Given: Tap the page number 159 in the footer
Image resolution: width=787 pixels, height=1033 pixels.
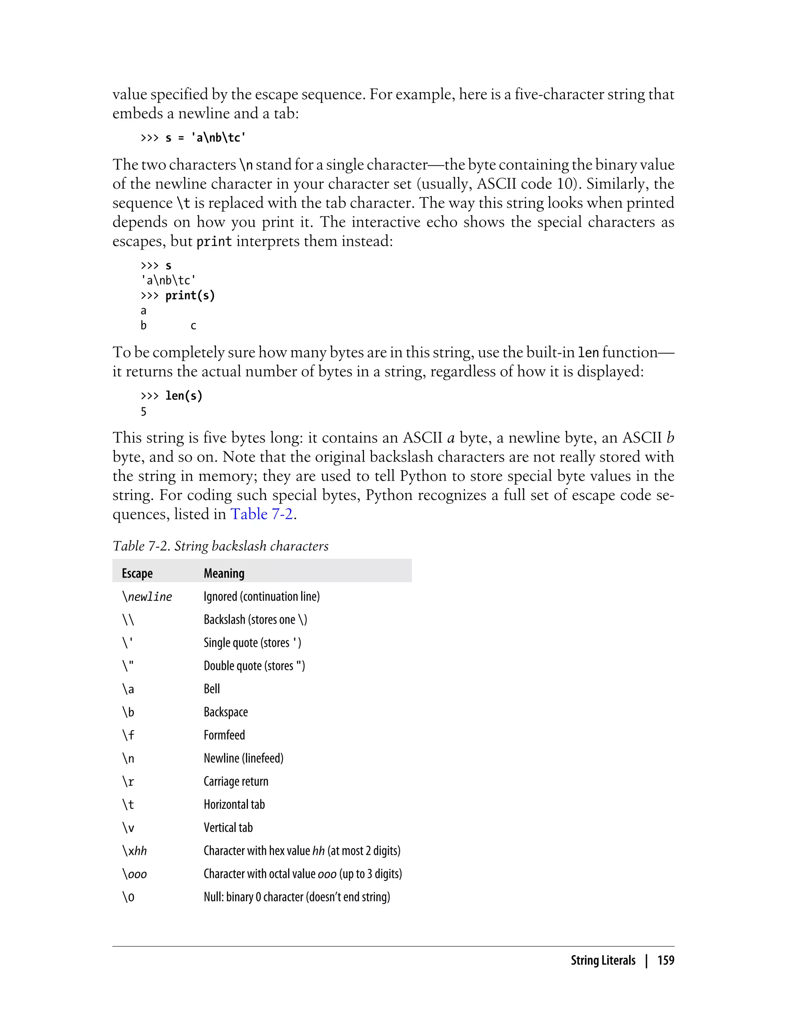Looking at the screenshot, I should point(665,960).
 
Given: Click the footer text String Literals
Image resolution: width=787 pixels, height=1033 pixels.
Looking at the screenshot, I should point(603,960).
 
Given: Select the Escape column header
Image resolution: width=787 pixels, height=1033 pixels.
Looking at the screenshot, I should point(137,573).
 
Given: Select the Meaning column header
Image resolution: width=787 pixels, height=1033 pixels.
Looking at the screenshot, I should point(224,573).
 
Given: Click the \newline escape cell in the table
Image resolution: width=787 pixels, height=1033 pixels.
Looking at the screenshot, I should point(147,596).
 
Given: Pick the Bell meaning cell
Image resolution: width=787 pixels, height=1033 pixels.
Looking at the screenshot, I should point(212,689).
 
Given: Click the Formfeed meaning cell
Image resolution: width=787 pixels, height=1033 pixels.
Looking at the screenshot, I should point(224,735).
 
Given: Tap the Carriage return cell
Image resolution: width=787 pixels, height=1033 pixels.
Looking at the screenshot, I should point(236,781).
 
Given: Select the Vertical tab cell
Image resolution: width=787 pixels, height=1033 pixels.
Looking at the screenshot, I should point(228,827).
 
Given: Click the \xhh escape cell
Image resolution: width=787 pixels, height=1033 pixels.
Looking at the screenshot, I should point(134,851).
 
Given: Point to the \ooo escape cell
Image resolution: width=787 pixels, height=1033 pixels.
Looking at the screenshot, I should point(134,874).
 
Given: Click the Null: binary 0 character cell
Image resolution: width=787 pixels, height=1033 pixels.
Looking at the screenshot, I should point(297,897).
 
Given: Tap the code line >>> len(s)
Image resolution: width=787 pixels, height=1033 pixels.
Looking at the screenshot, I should point(171,396).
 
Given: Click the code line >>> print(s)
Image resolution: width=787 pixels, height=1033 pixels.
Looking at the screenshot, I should point(178,296).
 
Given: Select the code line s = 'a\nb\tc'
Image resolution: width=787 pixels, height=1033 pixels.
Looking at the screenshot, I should point(193,138).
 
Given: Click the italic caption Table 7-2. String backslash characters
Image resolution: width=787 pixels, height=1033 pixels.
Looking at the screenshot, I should point(220,546).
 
